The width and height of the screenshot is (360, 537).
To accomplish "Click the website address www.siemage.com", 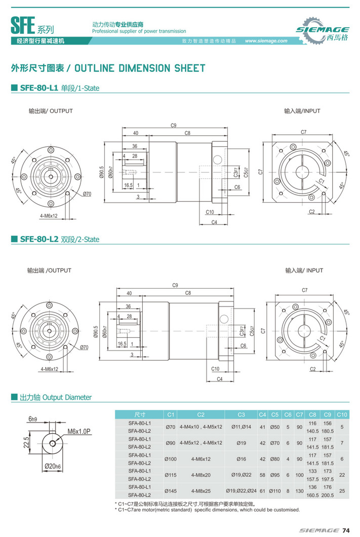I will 266,41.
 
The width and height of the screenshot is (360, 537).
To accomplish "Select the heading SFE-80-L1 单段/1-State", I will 59,88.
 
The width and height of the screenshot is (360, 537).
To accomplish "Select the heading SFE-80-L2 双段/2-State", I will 59,239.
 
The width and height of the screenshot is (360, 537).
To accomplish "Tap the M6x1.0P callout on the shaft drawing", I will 78,431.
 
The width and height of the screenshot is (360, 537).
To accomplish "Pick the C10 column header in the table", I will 342,414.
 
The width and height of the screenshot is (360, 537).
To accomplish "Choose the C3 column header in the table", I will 241,414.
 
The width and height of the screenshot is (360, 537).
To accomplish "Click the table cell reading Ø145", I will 171,491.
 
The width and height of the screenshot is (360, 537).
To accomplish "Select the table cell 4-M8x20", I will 201,475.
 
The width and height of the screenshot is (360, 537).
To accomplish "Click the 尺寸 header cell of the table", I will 140,414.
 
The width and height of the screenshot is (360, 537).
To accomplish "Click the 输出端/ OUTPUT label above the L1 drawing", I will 51,111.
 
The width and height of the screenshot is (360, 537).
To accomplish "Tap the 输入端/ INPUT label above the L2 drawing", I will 304,271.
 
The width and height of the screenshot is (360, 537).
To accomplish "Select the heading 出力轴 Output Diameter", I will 55,397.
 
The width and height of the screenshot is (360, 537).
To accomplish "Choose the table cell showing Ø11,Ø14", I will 241,427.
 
